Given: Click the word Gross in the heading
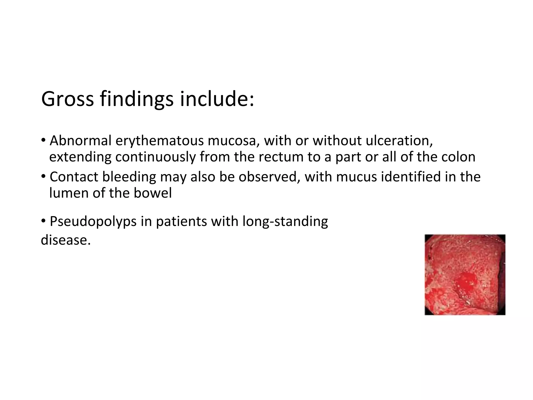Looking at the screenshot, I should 67,99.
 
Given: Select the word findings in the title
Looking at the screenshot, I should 136,99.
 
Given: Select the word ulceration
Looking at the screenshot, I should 399,141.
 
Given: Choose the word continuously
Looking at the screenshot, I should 155,157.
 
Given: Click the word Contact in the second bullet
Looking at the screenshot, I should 74,177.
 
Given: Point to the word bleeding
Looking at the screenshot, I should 129,177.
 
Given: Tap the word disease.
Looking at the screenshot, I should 66,240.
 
